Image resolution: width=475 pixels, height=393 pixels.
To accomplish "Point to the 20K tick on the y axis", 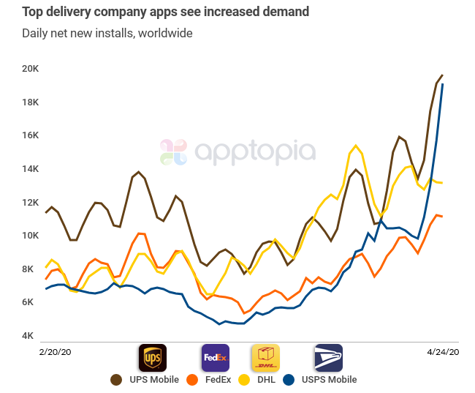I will coord(30,69).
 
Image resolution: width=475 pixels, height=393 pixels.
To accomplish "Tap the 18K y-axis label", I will coord(30,102).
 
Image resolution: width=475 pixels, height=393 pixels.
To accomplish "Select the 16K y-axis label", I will coord(30,135).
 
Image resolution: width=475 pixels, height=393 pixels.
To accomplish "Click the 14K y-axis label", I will coord(30,169).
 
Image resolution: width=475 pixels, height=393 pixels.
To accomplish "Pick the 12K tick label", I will coord(30,203).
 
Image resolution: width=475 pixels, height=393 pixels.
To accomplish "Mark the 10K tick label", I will coord(30,236).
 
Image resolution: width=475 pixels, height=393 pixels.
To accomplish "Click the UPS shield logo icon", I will coord(153,358).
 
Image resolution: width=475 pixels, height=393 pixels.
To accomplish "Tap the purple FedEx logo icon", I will coord(215,358).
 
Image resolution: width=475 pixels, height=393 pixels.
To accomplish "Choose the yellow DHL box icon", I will coord(265,358).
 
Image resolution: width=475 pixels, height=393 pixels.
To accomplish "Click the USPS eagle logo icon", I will coord(328,358).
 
